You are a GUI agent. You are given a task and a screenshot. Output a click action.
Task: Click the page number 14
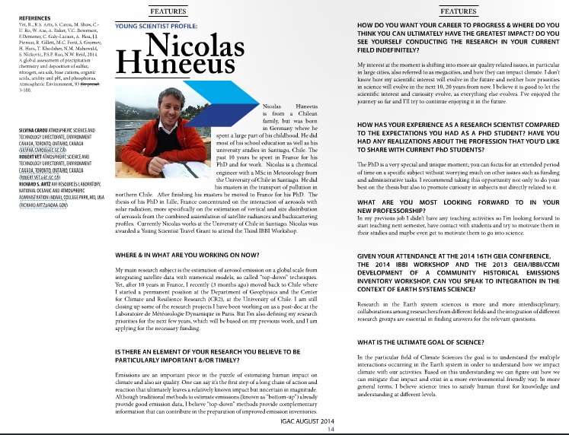pyautogui.click(x=331, y=429)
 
